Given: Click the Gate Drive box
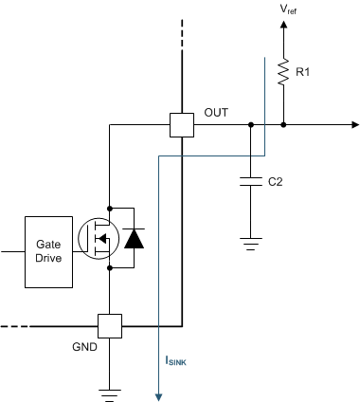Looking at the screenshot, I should pos(49,252).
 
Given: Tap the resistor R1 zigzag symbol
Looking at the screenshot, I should pos(283,72).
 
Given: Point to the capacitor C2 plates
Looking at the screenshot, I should pos(250,180).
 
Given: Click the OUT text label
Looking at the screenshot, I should pos(216,112).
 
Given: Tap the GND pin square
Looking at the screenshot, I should pos(111,325).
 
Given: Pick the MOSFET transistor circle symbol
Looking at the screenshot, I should pos(96,238).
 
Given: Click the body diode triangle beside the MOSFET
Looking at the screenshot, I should pos(135,238).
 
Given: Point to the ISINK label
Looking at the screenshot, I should pos(178,360).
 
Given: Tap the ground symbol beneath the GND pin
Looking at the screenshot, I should pos(111,391).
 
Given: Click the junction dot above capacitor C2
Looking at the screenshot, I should pos(250,124).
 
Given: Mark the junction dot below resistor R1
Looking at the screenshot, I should pos(283,124).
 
